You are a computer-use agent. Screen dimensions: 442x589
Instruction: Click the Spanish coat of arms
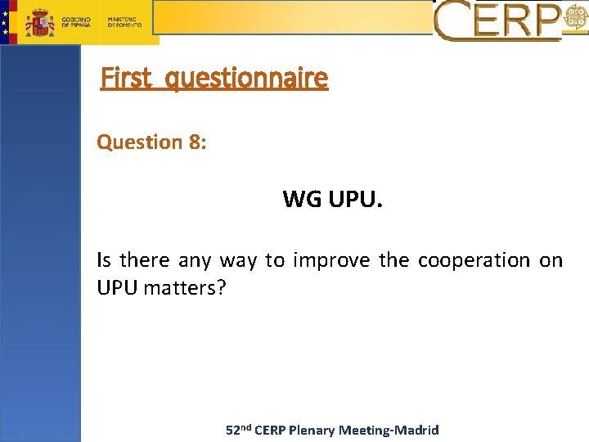tap(39, 21)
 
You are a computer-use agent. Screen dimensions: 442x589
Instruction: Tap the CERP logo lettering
tap(497, 20)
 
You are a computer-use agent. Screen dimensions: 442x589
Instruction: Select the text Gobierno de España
tap(77, 21)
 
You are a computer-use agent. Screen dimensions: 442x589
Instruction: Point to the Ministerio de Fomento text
tap(124, 21)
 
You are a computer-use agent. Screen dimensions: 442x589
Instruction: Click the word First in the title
tap(126, 78)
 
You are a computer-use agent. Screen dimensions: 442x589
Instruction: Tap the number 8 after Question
tap(196, 142)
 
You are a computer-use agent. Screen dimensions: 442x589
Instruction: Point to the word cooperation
tap(474, 260)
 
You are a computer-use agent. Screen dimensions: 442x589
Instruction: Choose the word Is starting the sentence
tap(103, 260)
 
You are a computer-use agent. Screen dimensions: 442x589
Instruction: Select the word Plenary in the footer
tap(314, 430)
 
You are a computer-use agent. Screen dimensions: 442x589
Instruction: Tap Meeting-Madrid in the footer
tap(389, 430)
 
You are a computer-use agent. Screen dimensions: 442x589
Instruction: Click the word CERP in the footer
tap(271, 430)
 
